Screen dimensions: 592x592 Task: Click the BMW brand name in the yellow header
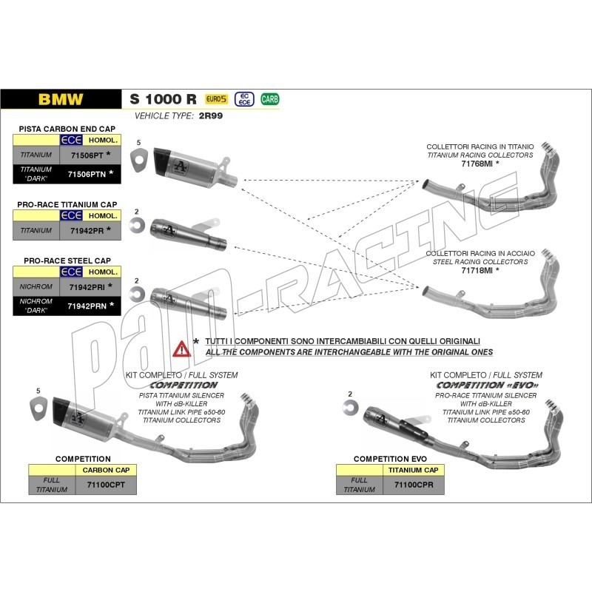pyautogui.click(x=61, y=99)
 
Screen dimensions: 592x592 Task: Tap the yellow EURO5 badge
pyautogui.click(x=215, y=99)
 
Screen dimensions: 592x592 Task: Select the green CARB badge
pyautogui.click(x=269, y=99)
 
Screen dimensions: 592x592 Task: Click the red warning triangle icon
pyautogui.click(x=181, y=349)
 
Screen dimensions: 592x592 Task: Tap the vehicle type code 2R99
pyautogui.click(x=210, y=117)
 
